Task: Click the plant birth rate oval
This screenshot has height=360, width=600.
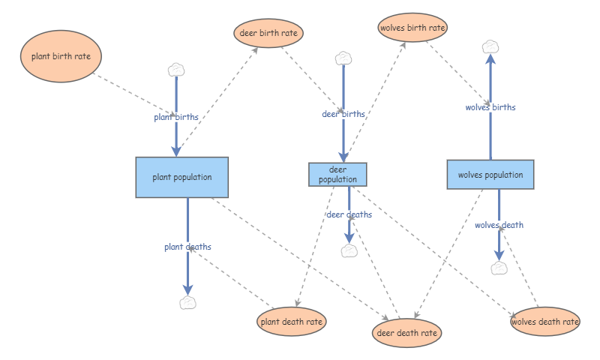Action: [61, 56]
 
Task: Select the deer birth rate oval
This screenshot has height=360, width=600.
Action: [268, 33]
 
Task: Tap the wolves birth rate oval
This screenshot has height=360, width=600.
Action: [412, 28]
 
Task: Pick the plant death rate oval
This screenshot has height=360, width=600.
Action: [292, 321]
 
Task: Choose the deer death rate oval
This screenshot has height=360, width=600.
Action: [406, 333]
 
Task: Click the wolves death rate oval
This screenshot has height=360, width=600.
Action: [545, 321]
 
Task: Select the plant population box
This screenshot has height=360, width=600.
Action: [182, 177]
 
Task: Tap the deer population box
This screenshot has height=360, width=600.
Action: [338, 175]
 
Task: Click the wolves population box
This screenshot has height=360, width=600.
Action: [490, 175]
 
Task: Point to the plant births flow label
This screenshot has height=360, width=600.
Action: [176, 117]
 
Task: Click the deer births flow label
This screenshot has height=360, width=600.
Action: [343, 114]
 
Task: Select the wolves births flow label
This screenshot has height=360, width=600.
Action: [490, 107]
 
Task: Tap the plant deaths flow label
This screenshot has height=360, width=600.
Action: [188, 247]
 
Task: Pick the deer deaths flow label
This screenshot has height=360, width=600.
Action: [349, 214]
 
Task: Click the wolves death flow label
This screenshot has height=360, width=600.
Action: [499, 225]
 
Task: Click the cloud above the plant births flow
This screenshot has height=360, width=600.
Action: [176, 70]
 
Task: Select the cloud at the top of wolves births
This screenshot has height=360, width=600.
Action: [490, 47]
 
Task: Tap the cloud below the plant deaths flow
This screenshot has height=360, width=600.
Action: [188, 302]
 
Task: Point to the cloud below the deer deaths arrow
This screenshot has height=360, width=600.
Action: [349, 251]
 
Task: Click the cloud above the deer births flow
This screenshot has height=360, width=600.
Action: [343, 58]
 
